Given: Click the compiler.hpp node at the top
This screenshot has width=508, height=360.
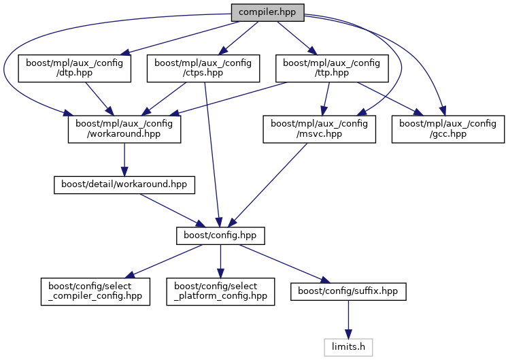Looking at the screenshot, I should coord(267,12).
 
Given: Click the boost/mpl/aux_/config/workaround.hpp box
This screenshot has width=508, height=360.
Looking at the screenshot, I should coord(124,129).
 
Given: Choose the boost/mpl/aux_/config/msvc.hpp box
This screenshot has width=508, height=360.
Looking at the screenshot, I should coord(320,129).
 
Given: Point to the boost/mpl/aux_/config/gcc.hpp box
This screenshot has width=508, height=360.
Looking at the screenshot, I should coord(448,129).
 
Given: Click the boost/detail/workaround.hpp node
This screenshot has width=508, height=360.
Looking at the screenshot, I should coord(124,184).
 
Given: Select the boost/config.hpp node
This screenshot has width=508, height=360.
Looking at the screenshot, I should coord(220,235).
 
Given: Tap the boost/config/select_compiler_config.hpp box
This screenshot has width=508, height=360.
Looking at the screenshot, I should coord(95,291).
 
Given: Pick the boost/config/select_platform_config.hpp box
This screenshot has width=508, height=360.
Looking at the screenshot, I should coord(220,291).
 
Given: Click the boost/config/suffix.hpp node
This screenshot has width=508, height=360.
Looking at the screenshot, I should coord(348,291).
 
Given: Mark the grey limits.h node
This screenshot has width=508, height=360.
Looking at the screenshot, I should coord(348,347).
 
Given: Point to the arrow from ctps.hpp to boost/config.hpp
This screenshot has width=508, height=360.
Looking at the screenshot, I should coord(211,157).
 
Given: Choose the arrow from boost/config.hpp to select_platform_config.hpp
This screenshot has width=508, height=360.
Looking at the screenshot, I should coord(220,263).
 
